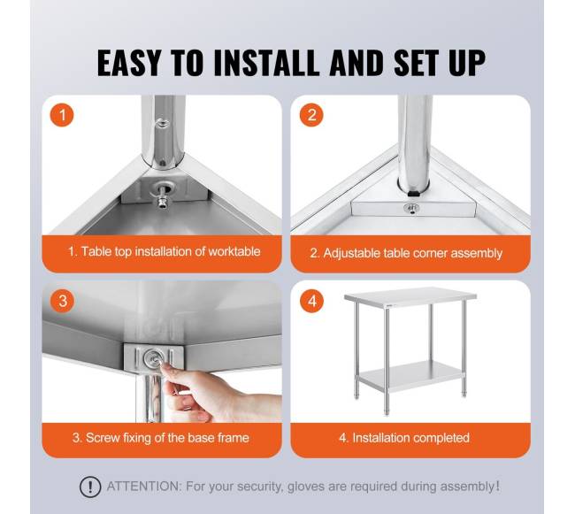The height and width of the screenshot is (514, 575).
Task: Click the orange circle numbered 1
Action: (x=62, y=115)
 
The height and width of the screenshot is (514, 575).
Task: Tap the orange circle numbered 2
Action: (x=311, y=115)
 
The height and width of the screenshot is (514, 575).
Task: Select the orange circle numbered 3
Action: (x=62, y=301)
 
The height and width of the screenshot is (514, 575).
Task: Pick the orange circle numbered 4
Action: (x=312, y=301)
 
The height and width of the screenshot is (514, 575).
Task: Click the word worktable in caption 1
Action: (x=234, y=251)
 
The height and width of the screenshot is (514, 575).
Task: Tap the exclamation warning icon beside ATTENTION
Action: (x=90, y=487)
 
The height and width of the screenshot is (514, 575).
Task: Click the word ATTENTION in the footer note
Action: (x=143, y=487)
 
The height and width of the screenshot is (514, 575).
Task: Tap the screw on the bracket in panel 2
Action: (x=411, y=209)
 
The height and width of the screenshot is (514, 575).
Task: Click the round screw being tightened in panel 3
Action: (x=153, y=357)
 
